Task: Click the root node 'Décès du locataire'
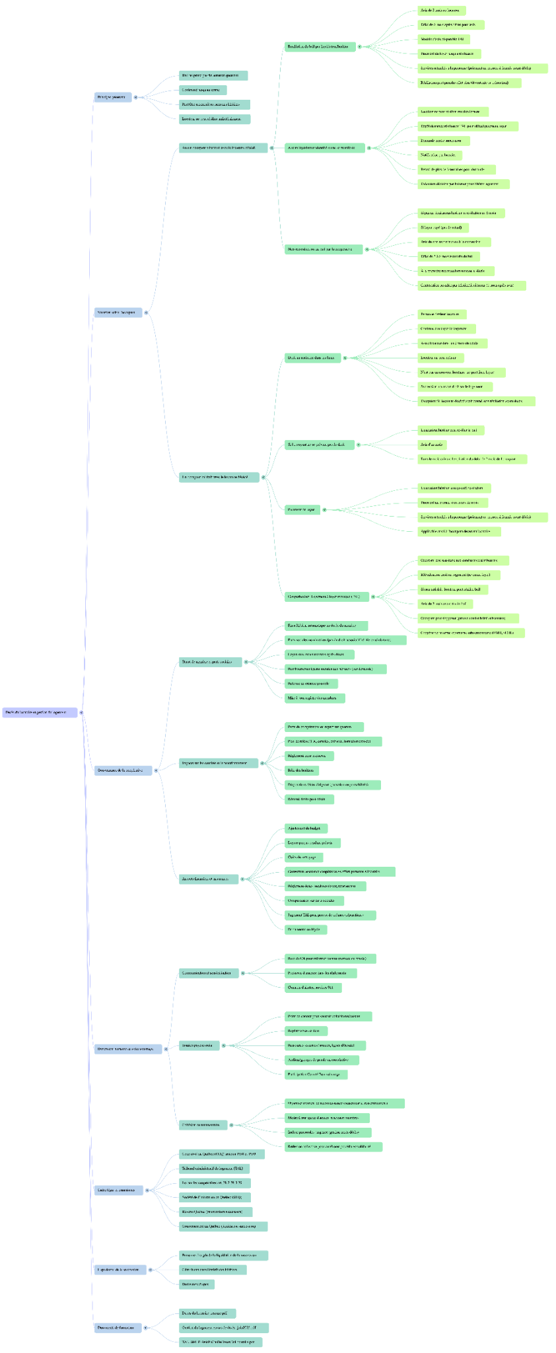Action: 40,712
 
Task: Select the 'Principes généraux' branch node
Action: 112,97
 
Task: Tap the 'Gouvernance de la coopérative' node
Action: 123,770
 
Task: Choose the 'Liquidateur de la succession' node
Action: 120,1269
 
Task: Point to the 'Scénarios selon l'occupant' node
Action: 118,312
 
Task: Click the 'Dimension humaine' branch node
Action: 127,1048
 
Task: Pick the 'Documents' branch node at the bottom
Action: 118,1327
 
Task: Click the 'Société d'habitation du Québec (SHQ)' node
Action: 215,1197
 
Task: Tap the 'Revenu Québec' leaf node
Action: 215,1212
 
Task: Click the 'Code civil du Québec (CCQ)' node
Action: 222,1153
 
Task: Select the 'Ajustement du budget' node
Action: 306,828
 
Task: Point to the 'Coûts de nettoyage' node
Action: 304,857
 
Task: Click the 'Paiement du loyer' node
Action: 302,509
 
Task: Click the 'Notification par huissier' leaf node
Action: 440,155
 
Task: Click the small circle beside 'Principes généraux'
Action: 136,97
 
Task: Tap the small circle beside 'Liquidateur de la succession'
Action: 151,1269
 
